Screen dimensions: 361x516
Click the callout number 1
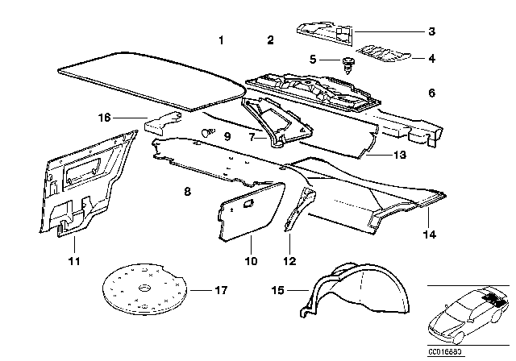223,40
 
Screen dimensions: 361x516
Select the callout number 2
271,40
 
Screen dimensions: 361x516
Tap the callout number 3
432,32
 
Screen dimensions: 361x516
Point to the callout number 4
432,58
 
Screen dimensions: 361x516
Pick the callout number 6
431,93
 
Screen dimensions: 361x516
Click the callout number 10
250,262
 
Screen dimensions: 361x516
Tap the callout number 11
73,262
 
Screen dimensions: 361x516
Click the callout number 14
429,235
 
